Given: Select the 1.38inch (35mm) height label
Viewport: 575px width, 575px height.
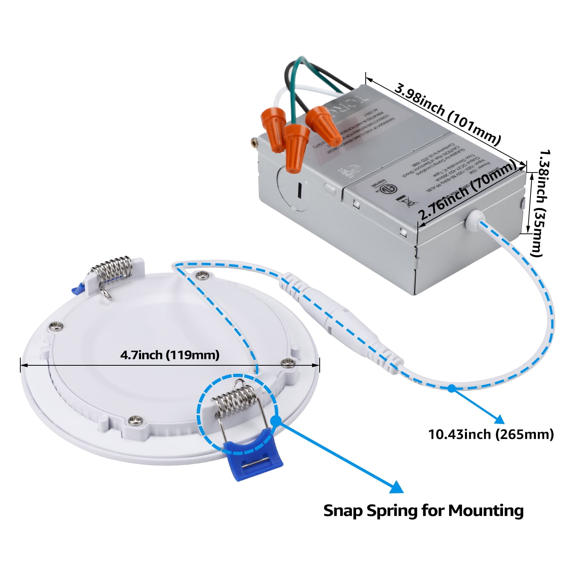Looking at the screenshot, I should click(x=541, y=203).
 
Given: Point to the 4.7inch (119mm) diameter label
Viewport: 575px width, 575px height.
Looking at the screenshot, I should click(x=170, y=355).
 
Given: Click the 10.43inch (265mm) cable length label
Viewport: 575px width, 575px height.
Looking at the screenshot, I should click(x=491, y=434).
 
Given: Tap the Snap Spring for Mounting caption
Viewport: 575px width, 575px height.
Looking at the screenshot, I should click(x=423, y=511).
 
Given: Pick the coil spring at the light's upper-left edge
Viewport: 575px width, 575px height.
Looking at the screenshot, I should click(x=111, y=268).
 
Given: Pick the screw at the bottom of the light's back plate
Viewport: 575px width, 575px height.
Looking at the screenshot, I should click(x=134, y=420).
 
